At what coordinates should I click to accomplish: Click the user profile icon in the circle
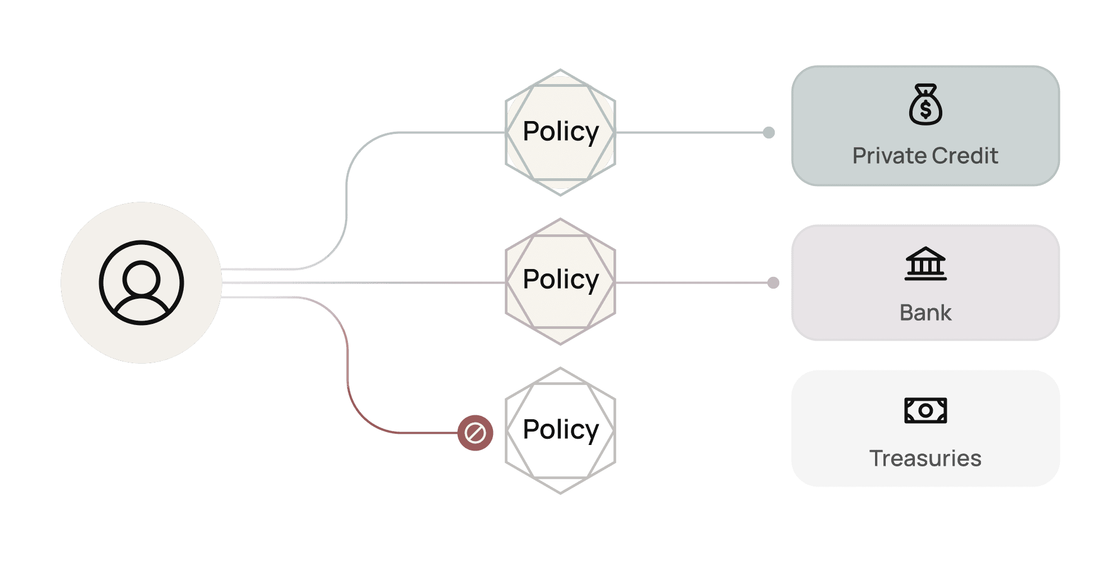click(x=141, y=282)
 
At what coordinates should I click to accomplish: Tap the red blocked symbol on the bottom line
click(x=475, y=433)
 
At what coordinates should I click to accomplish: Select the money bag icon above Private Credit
click(x=925, y=104)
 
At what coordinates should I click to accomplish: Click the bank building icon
click(x=925, y=263)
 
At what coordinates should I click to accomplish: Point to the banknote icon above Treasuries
click(x=925, y=411)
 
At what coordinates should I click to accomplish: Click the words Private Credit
click(x=925, y=156)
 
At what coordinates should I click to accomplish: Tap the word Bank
click(x=925, y=313)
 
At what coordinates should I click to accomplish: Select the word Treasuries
click(x=925, y=458)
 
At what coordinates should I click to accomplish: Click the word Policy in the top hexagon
click(x=560, y=132)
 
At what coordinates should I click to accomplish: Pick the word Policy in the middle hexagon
click(x=560, y=280)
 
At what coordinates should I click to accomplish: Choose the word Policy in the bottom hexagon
click(x=560, y=430)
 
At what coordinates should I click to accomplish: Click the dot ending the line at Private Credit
click(x=769, y=133)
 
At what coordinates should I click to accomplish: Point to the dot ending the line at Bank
click(x=773, y=283)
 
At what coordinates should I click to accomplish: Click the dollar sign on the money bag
click(x=925, y=109)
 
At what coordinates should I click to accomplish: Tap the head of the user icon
click(x=141, y=277)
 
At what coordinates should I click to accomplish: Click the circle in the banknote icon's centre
click(x=925, y=411)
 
